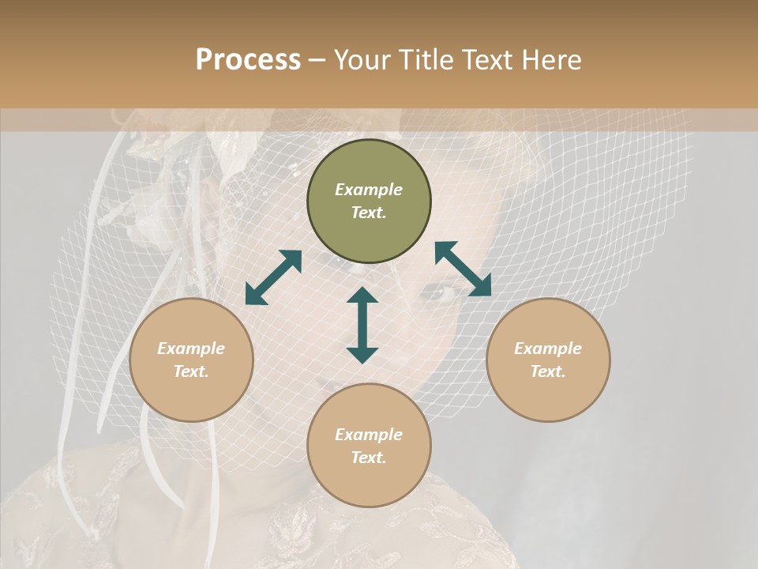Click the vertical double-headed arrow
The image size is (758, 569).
tap(362, 325)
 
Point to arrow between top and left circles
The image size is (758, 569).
tap(273, 277)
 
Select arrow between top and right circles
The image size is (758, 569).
tap(463, 269)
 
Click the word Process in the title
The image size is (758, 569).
tap(248, 60)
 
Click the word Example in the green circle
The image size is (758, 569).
tap(369, 190)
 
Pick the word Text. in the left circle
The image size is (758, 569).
tap(191, 371)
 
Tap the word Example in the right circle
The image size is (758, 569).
tap(548, 349)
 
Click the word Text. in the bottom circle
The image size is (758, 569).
tap(369, 458)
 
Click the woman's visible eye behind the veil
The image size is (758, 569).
tap(445, 294)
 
